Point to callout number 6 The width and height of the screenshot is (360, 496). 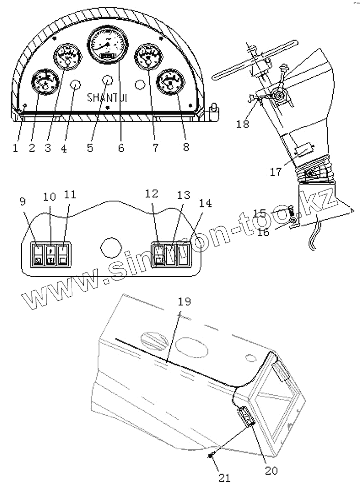[x=121, y=148]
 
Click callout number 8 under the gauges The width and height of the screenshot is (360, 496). [x=186, y=148]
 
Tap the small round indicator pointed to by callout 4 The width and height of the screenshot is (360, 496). [x=74, y=85]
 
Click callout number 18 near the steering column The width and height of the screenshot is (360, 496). [x=243, y=125]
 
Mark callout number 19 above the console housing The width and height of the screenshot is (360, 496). [x=184, y=301]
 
